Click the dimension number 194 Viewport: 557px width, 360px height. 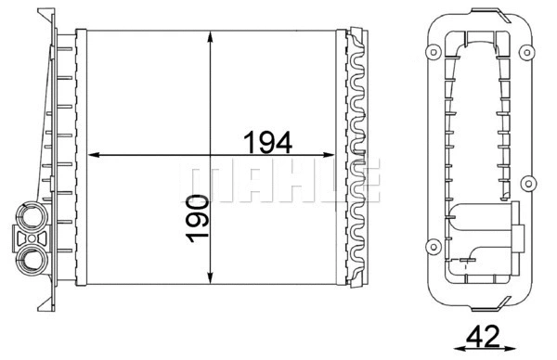(268, 143)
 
